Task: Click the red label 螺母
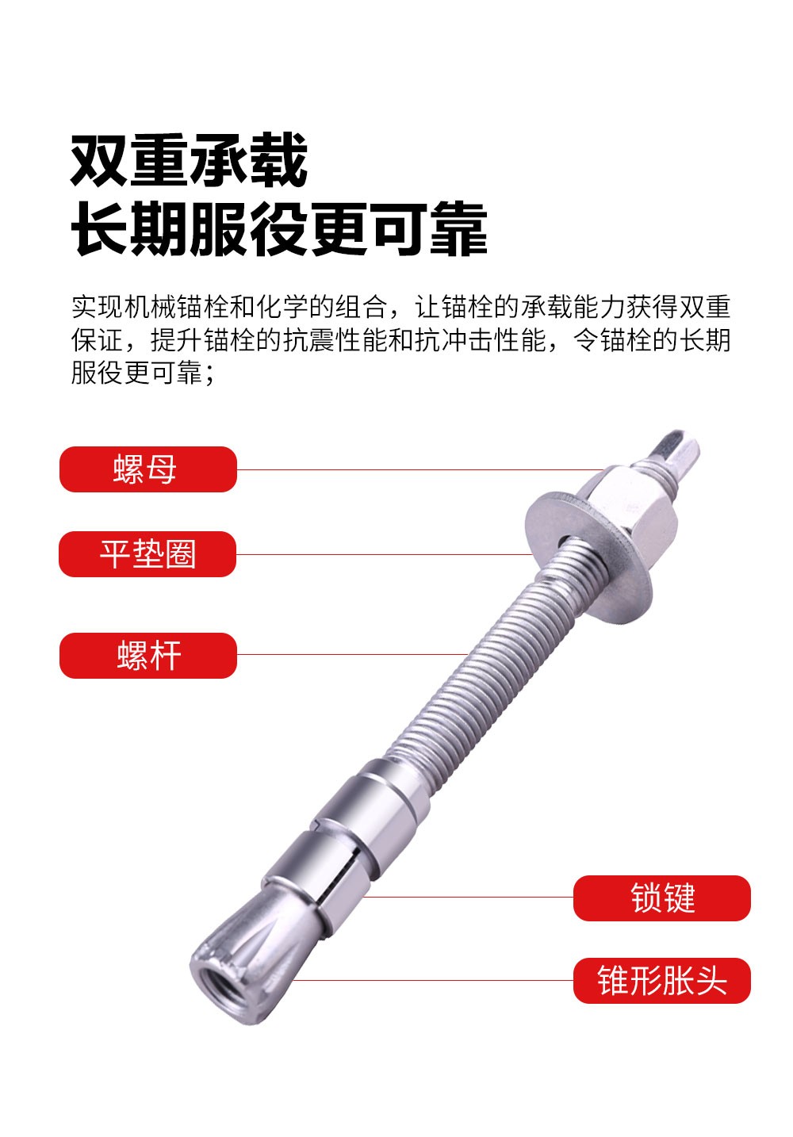coord(147,469)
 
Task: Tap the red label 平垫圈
coord(147,554)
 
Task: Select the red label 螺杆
coord(147,656)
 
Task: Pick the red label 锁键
coord(661,898)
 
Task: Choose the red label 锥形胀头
coord(661,982)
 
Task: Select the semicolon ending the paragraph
coord(210,373)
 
